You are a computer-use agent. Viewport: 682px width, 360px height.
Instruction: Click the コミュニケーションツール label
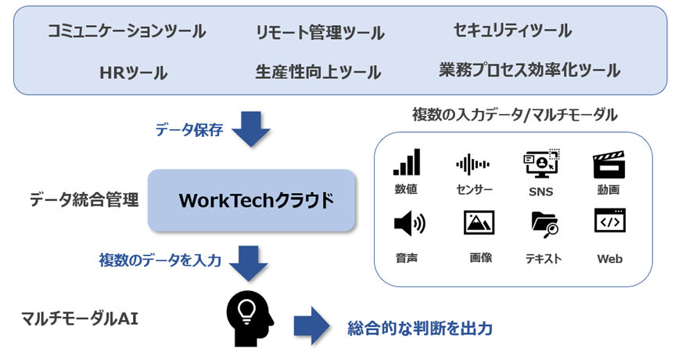pyautogui.click(x=127, y=31)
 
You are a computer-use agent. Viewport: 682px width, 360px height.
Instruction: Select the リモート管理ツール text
pyautogui.click(x=320, y=33)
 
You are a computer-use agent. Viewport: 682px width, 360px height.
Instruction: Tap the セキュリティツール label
pyautogui.click(x=512, y=31)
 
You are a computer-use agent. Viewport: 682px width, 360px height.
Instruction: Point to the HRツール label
pyautogui.click(x=134, y=73)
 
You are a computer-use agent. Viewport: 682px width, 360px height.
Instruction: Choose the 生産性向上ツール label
pyautogui.click(x=318, y=73)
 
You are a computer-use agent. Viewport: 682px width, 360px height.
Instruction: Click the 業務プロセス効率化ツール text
pyautogui.click(x=529, y=70)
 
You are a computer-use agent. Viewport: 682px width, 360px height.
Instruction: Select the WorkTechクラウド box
pyautogui.click(x=252, y=200)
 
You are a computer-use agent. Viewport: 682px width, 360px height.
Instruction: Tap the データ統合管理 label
pyautogui.click(x=84, y=200)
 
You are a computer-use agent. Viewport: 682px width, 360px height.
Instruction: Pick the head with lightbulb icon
pyautogui.click(x=249, y=317)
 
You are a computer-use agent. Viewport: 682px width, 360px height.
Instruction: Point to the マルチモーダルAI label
pyautogui.click(x=81, y=319)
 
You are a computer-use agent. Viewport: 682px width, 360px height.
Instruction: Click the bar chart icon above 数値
pyautogui.click(x=407, y=163)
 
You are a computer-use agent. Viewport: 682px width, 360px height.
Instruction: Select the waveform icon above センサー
pyautogui.click(x=473, y=164)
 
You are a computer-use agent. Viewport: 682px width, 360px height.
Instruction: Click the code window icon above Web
pyautogui.click(x=609, y=221)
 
